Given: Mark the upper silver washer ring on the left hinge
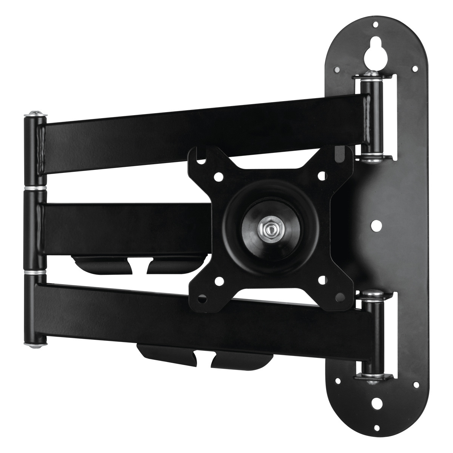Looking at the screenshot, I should [x=35, y=188].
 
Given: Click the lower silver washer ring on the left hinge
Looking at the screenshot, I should [x=35, y=272].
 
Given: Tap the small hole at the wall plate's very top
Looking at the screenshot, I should [x=375, y=25].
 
